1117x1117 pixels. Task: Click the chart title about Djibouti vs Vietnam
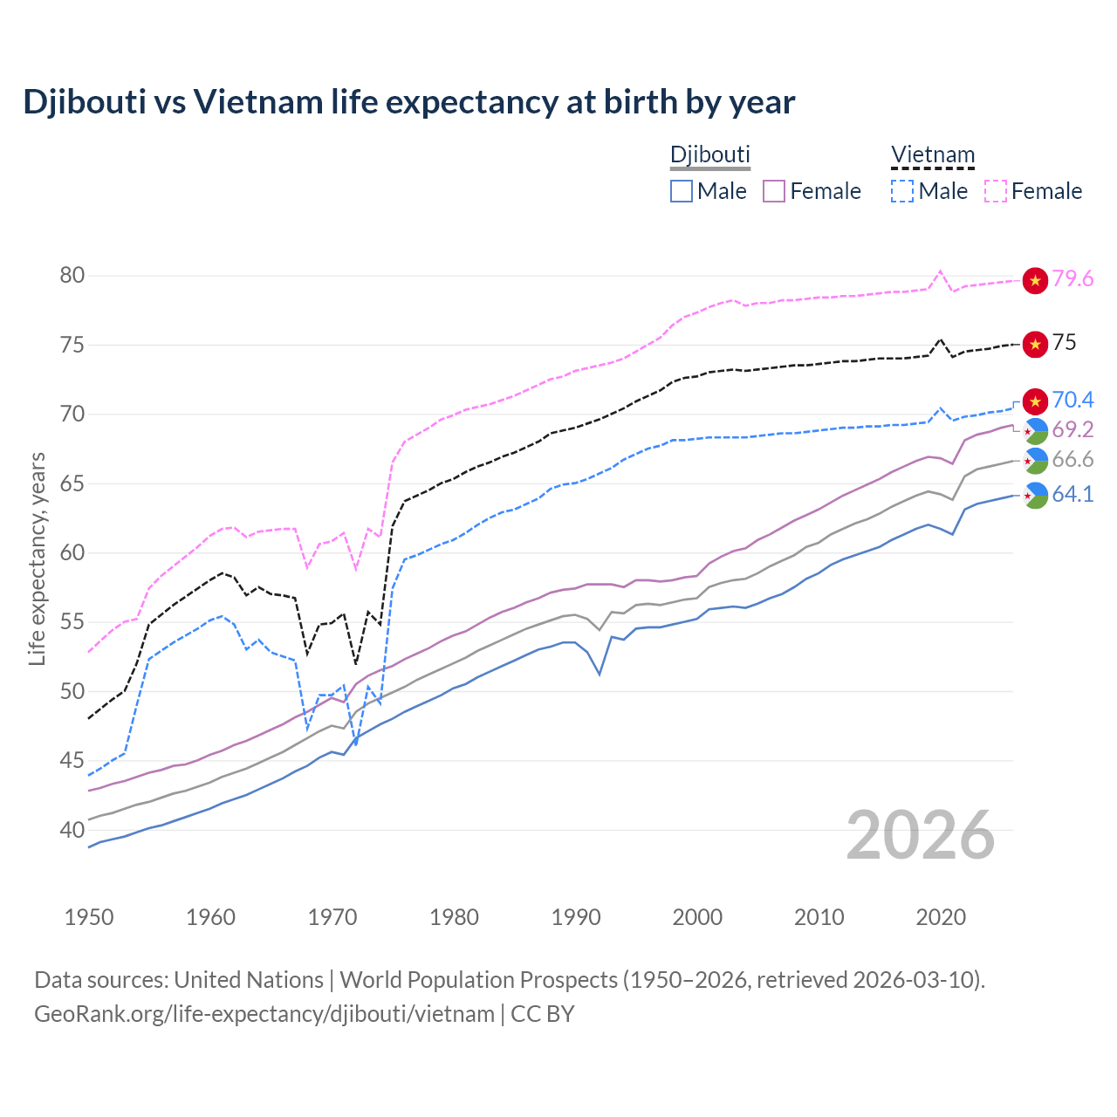tap(408, 102)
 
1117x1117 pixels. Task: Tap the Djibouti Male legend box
tap(682, 191)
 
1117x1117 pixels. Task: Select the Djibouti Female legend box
tap(774, 191)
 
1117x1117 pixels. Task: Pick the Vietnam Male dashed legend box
tap(902, 191)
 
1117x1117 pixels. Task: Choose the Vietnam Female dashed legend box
tap(996, 191)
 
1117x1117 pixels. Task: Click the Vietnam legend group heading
tap(932, 155)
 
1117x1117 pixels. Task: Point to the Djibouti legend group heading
tap(709, 155)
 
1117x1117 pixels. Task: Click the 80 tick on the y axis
tap(72, 276)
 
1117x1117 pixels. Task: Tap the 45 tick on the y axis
tap(72, 761)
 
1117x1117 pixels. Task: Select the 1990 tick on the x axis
tap(576, 917)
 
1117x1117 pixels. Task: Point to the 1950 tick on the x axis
tap(90, 917)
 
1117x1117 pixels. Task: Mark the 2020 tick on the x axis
tap(941, 917)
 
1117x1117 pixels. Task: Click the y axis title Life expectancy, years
tap(37, 558)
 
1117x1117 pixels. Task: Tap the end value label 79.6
tap(1072, 279)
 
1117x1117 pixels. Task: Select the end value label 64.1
tap(1072, 495)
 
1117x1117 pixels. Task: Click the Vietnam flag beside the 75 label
tap(1035, 344)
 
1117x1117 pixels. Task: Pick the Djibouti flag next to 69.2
tap(1035, 430)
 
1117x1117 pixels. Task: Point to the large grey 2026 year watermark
tap(921, 836)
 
